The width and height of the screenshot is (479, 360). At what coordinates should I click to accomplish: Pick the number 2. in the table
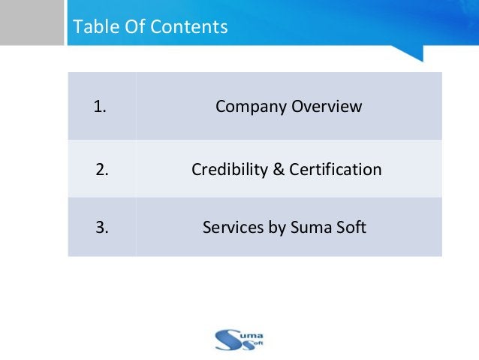click(x=102, y=170)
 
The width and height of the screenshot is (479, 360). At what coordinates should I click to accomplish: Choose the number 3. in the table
click(x=102, y=226)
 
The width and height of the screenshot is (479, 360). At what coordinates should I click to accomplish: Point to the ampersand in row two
click(x=276, y=170)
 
